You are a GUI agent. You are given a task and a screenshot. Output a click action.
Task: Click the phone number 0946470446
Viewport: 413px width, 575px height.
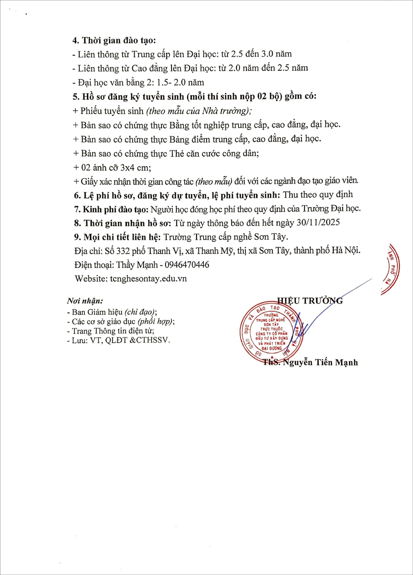[x=187, y=265]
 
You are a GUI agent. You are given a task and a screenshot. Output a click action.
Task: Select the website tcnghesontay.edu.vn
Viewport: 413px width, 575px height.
[x=148, y=279]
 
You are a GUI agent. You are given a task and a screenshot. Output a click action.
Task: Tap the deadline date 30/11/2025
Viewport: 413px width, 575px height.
[x=318, y=223]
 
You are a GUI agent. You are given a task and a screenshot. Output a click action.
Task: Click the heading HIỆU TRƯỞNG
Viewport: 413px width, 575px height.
[x=310, y=301]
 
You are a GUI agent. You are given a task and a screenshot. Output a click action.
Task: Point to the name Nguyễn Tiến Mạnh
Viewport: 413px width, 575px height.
[x=320, y=362]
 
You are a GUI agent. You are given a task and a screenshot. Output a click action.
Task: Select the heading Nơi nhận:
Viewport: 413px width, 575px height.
[x=85, y=301]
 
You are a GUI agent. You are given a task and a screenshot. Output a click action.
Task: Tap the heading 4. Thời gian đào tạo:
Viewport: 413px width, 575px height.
[x=114, y=41]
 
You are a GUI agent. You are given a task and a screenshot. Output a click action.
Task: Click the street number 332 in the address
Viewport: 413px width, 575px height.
[x=123, y=251]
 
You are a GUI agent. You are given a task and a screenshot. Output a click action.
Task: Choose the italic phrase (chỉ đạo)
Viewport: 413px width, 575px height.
[x=140, y=312]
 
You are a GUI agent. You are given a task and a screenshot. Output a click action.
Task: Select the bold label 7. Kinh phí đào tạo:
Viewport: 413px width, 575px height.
[x=111, y=209]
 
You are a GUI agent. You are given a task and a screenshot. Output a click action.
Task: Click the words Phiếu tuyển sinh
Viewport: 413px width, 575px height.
[x=112, y=111]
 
